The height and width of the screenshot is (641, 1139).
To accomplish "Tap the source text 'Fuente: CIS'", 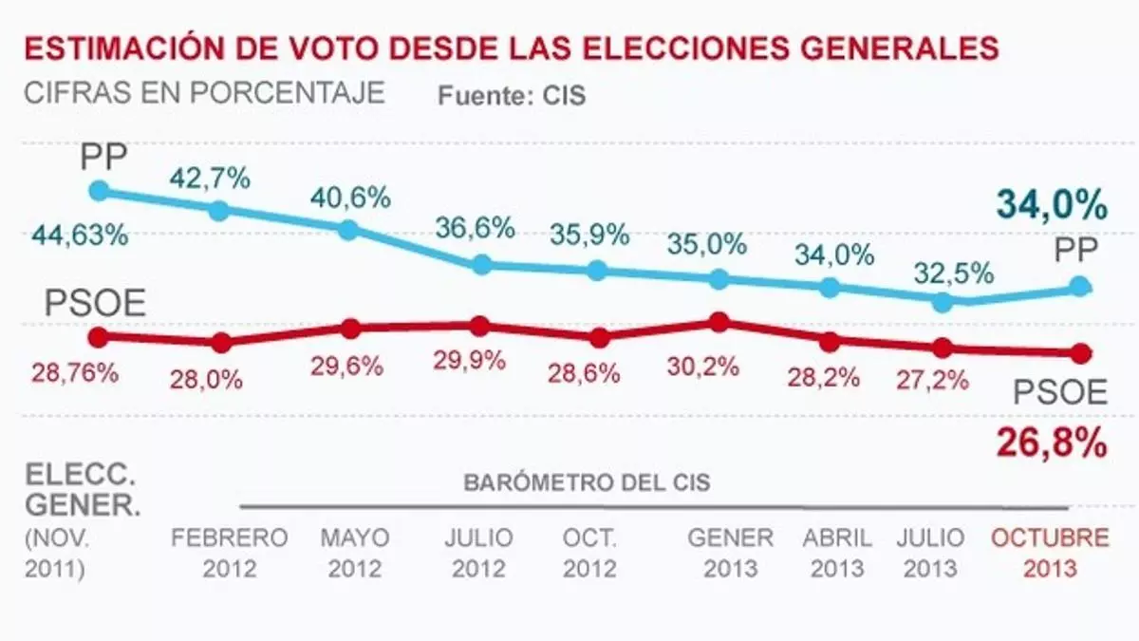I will tap(511, 97).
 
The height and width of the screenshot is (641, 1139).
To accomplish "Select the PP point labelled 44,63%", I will tap(98, 191).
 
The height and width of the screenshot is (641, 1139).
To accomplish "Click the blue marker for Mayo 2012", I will tap(348, 229).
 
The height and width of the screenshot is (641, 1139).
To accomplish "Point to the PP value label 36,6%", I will tap(476, 228).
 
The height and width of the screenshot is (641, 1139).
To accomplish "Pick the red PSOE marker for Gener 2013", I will tap(719, 322).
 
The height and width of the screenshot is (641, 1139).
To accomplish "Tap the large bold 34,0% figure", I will tap(1052, 204).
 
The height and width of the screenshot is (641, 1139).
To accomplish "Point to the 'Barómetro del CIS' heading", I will tap(587, 482).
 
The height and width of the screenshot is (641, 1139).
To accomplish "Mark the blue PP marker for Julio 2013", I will tap(942, 302).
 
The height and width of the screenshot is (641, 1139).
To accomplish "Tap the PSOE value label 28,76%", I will tap(74, 372).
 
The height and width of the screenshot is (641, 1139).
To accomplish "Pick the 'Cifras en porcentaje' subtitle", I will tap(204, 94).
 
